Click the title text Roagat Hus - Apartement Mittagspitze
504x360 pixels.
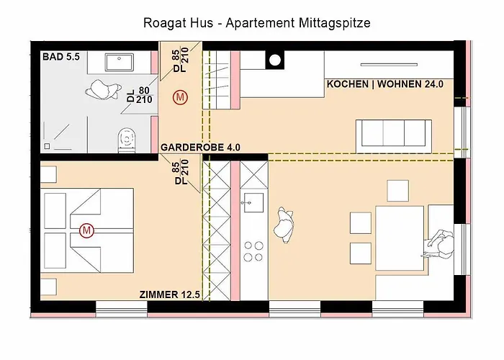(x=257, y=23)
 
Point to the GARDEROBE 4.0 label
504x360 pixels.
(x=200, y=147)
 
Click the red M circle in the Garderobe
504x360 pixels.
(x=181, y=97)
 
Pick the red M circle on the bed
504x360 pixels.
(x=87, y=230)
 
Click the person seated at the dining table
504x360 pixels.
(x=439, y=243)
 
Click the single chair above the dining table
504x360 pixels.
(x=398, y=190)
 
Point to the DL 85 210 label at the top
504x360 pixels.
(x=179, y=60)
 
